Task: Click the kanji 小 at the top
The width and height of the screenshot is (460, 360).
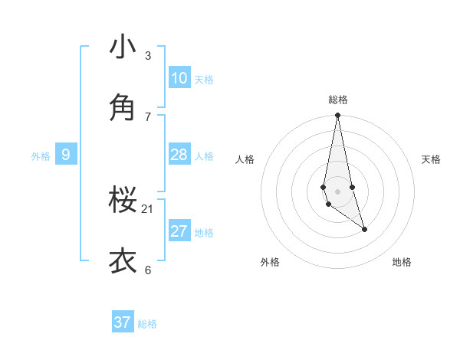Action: click(x=123, y=47)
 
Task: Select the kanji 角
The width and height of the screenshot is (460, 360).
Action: click(x=123, y=107)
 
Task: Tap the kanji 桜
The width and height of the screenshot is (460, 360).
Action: click(x=123, y=201)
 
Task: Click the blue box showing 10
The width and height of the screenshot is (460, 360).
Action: click(x=179, y=78)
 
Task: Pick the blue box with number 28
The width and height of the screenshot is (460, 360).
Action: click(x=179, y=155)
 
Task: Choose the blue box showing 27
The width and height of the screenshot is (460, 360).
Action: click(x=179, y=231)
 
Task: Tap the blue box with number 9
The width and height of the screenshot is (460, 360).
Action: click(x=66, y=155)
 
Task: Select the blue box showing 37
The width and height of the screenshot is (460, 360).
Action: click(x=123, y=322)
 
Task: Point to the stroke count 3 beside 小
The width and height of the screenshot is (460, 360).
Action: click(x=148, y=56)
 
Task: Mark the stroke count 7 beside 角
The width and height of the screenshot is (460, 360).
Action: click(x=148, y=116)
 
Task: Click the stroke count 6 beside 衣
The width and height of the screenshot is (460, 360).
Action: click(x=148, y=270)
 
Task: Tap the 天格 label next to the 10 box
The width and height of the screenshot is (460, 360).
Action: click(x=204, y=80)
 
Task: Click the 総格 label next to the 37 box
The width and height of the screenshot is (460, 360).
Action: click(x=147, y=324)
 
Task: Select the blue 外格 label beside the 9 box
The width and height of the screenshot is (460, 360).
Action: click(x=41, y=156)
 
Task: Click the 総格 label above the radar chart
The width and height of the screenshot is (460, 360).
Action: click(x=338, y=100)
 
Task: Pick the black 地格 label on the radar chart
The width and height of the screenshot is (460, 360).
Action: click(x=402, y=262)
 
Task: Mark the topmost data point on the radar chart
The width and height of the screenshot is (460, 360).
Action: click(x=337, y=116)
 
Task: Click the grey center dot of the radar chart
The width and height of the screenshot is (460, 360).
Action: click(x=337, y=191)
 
